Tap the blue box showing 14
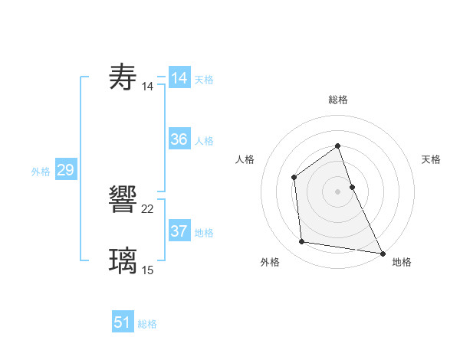click(x=179, y=78)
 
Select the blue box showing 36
click(x=179, y=139)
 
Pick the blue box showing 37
click(x=179, y=231)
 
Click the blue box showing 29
click(x=65, y=170)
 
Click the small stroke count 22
click(x=148, y=209)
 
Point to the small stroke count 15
click(x=148, y=270)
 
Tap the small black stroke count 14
click(x=148, y=87)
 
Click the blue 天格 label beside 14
click(x=204, y=80)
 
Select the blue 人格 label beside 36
click(x=204, y=141)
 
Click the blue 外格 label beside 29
click(x=41, y=172)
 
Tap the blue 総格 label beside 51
click(x=147, y=324)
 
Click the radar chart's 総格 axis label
click(x=337, y=100)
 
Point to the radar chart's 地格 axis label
click(x=402, y=262)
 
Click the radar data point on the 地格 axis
click(x=382, y=253)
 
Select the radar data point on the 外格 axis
click(x=302, y=242)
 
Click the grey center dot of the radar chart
click(x=337, y=191)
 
